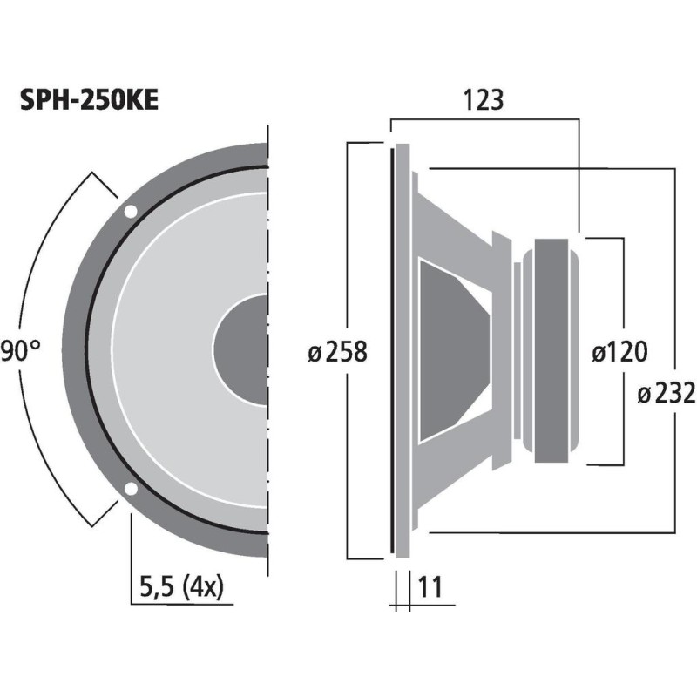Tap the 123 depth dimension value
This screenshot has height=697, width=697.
[x=484, y=101]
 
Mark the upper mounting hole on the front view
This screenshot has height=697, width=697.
[x=130, y=211]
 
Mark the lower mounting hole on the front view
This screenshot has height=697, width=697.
[x=130, y=489]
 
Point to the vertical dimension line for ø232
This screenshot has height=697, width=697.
[x=675, y=261]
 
